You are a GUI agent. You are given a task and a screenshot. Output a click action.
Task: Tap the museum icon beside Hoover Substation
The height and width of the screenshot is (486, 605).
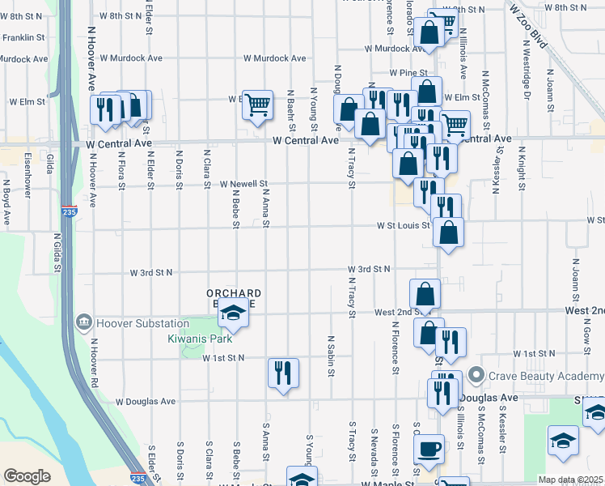(x=85, y=323)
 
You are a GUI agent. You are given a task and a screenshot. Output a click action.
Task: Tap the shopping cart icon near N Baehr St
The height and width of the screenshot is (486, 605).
(x=257, y=104)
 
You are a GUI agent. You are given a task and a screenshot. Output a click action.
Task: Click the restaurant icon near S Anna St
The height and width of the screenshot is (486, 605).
(x=283, y=373)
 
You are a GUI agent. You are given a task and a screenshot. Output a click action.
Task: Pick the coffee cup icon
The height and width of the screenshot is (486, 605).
(x=429, y=448)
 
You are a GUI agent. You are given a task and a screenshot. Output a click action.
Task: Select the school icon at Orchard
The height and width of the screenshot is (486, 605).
(x=233, y=313)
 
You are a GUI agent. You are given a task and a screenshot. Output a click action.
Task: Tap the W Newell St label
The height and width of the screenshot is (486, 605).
(x=243, y=184)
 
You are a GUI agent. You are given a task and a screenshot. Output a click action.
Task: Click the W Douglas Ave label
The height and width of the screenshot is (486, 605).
(x=146, y=401)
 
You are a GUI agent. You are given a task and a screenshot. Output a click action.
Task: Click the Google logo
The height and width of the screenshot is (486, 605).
(x=27, y=476)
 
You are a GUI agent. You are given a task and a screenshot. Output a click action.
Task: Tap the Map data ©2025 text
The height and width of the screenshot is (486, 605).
(x=570, y=480)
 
